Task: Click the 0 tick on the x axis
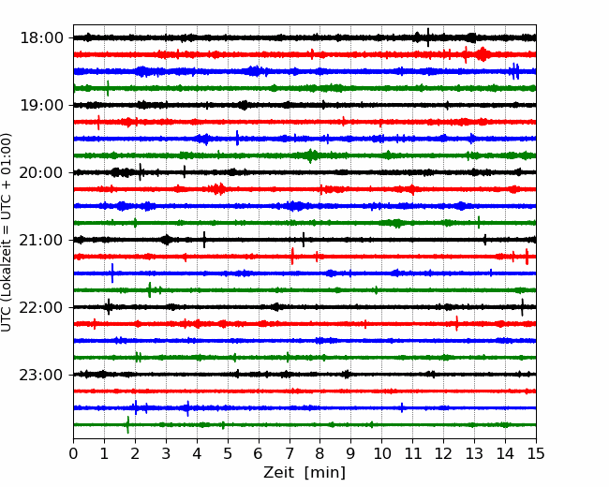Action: pos(74,455)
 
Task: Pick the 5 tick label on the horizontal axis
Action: pos(228,455)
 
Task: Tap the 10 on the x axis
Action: pos(381,455)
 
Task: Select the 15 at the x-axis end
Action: pos(535,455)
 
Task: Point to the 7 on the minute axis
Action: pos(290,455)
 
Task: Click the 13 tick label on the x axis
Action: pos(474,455)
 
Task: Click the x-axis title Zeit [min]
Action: pos(304,473)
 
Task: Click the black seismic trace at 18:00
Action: pos(281,37)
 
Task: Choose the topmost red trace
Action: pos(281,54)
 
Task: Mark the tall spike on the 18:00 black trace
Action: pos(428,37)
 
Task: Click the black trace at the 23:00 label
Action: pos(281,375)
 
